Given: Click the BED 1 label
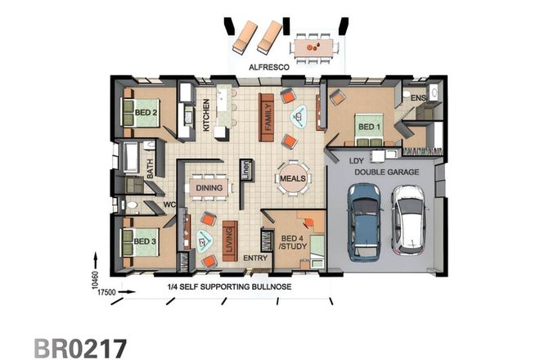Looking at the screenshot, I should click(367, 127).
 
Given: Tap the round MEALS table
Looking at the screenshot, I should click(292, 178).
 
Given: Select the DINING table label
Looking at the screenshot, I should click(209, 187).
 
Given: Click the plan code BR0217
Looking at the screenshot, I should click(80, 345).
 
